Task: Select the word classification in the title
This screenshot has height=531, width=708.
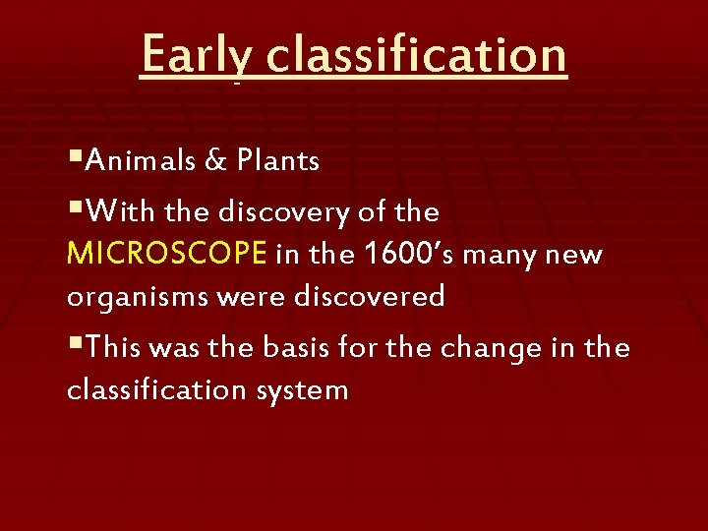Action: (x=416, y=56)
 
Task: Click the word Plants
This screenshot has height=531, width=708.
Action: (x=277, y=161)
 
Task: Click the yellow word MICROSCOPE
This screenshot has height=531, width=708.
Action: (x=167, y=256)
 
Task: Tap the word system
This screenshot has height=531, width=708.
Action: (x=303, y=391)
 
